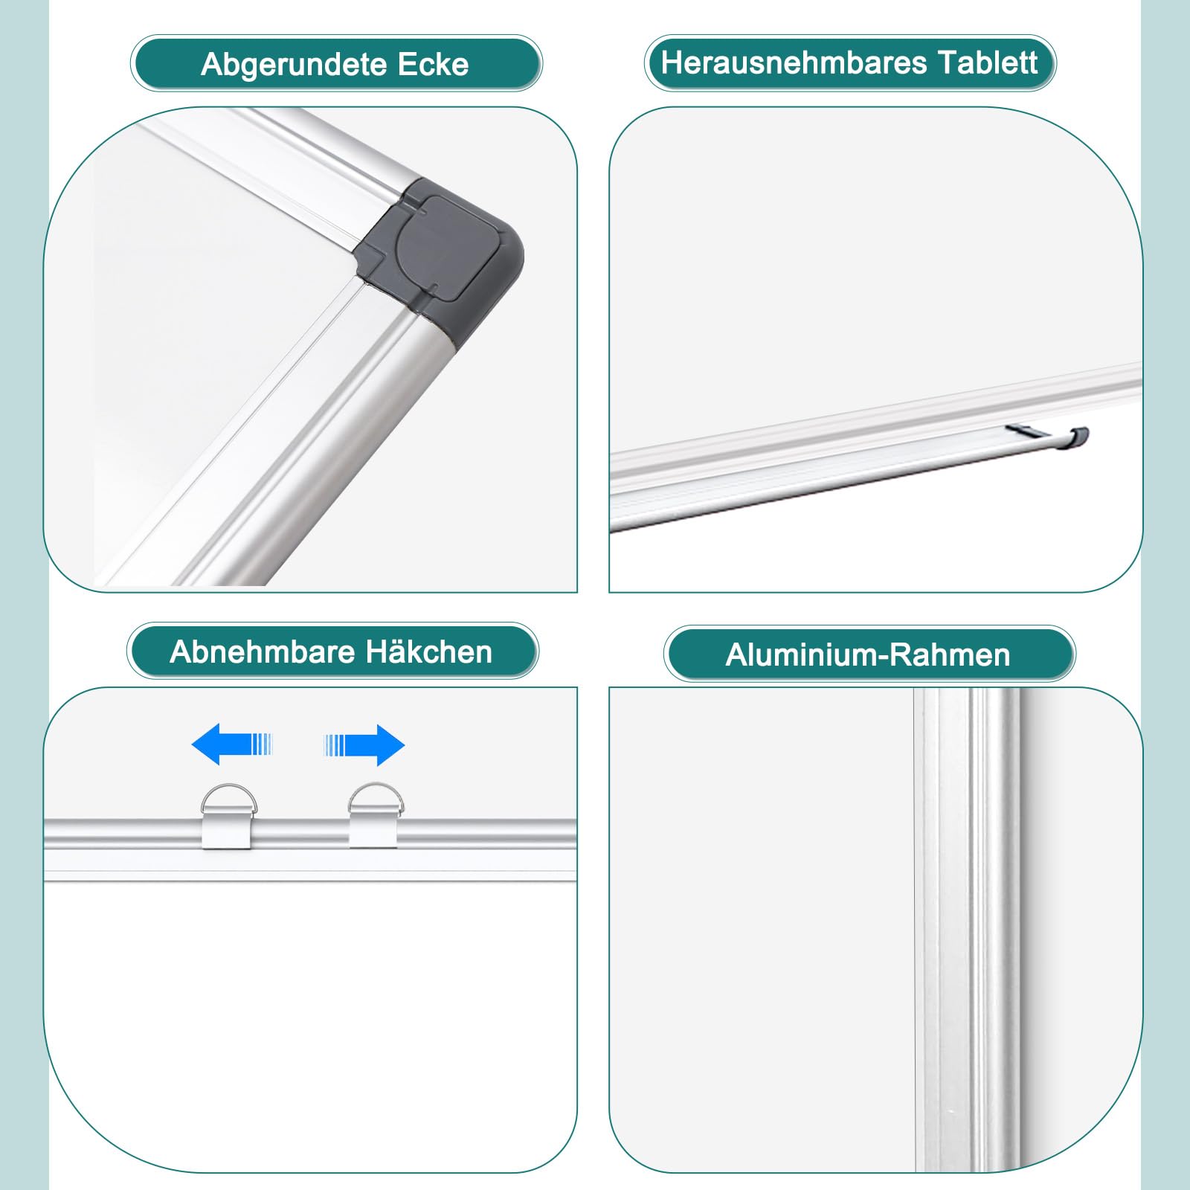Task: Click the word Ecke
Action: point(434,64)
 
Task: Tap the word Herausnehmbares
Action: point(794,62)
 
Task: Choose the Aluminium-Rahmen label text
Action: point(868,655)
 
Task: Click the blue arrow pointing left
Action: point(233,744)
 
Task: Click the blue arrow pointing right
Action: point(364,744)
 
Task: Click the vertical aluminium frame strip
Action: point(967,930)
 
